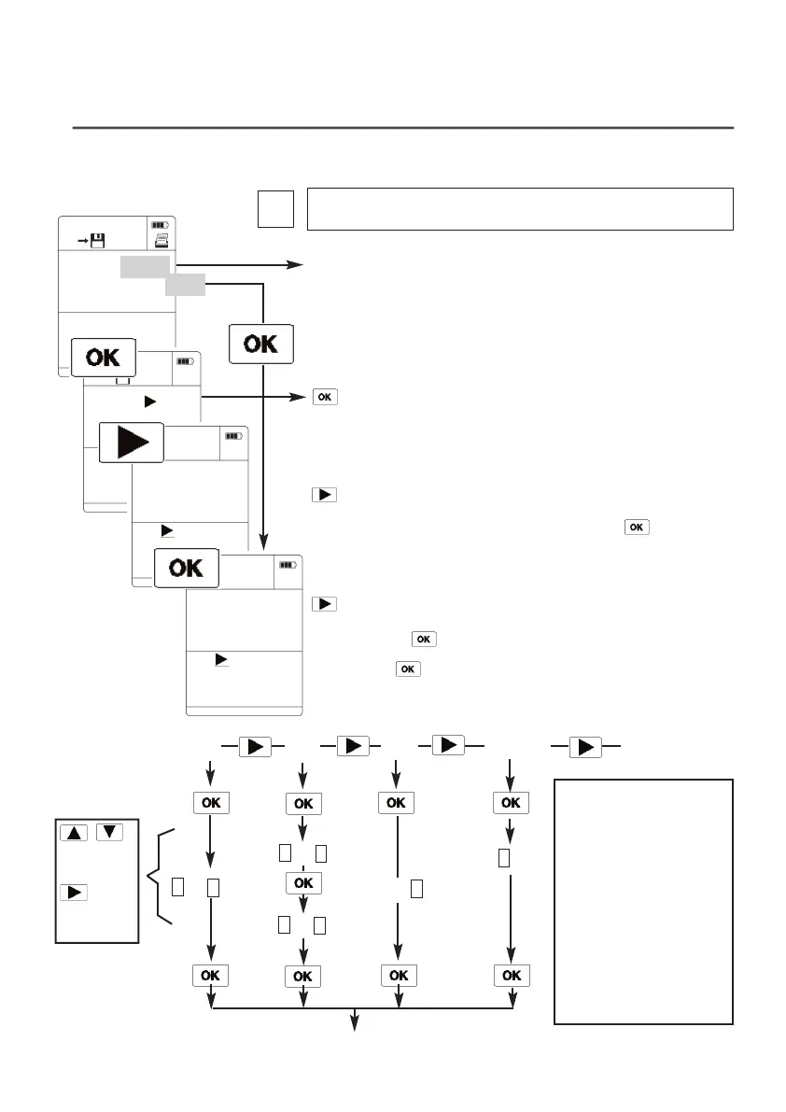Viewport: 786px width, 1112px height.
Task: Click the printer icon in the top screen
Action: pyautogui.click(x=162, y=241)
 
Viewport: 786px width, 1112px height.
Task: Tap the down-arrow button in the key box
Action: pyautogui.click(x=109, y=833)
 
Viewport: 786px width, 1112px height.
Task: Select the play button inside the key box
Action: pyautogui.click(x=75, y=892)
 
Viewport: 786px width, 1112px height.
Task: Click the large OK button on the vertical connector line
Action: pyautogui.click(x=260, y=344)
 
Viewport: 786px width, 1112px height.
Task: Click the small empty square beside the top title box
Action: pyautogui.click(x=276, y=209)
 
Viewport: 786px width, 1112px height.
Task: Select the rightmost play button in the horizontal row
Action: pyautogui.click(x=584, y=748)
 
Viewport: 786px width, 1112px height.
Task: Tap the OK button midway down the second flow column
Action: pyautogui.click(x=303, y=882)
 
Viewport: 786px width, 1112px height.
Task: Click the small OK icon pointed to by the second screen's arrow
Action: pyautogui.click(x=323, y=398)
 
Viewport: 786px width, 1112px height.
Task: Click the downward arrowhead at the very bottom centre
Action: pyautogui.click(x=355, y=1024)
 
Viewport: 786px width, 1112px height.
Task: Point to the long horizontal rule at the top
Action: pyautogui.click(x=403, y=127)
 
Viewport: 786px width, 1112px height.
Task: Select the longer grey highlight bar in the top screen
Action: pyautogui.click(x=145, y=268)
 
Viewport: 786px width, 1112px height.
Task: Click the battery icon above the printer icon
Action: pyautogui.click(x=161, y=225)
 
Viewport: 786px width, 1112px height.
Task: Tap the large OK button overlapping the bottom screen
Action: pyautogui.click(x=187, y=568)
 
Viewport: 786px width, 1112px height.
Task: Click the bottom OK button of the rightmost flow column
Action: pyautogui.click(x=511, y=976)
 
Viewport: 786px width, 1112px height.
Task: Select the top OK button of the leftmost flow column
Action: pyautogui.click(x=211, y=802)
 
